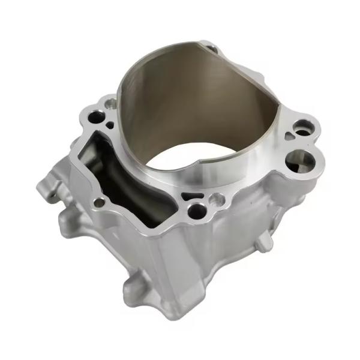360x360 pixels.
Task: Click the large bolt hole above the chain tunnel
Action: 97,115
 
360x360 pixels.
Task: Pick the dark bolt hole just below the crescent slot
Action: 196,210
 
